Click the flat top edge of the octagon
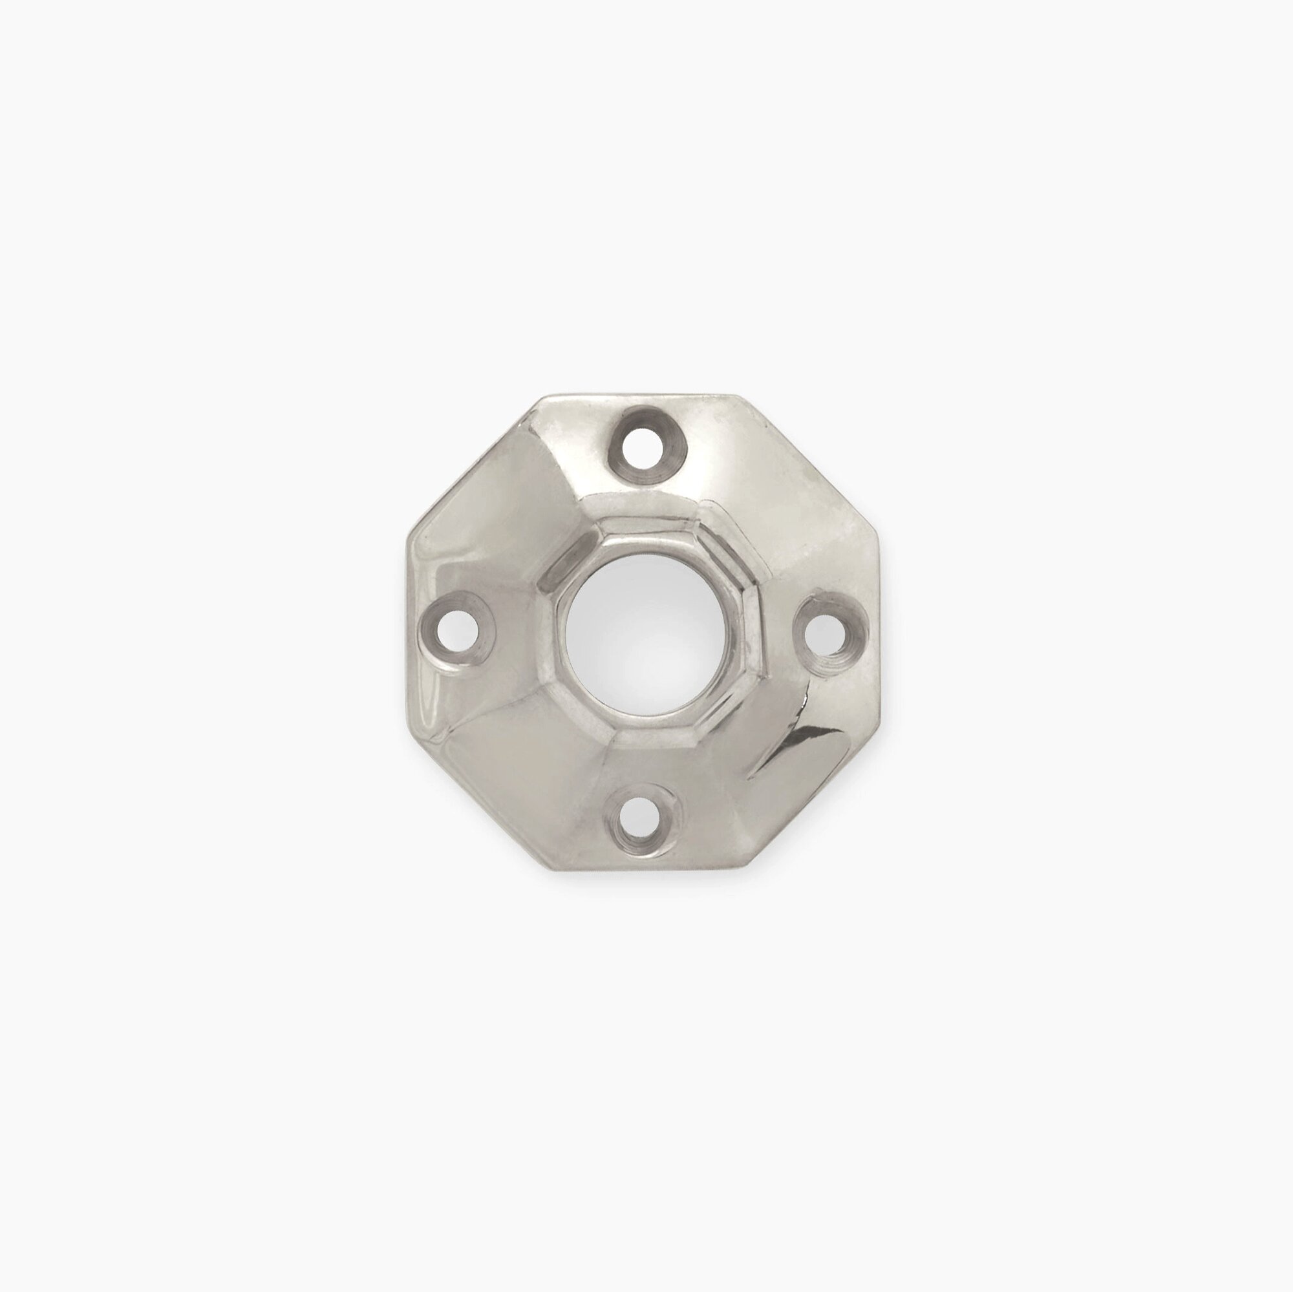pos(643,396)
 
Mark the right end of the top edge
pos(736,397)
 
